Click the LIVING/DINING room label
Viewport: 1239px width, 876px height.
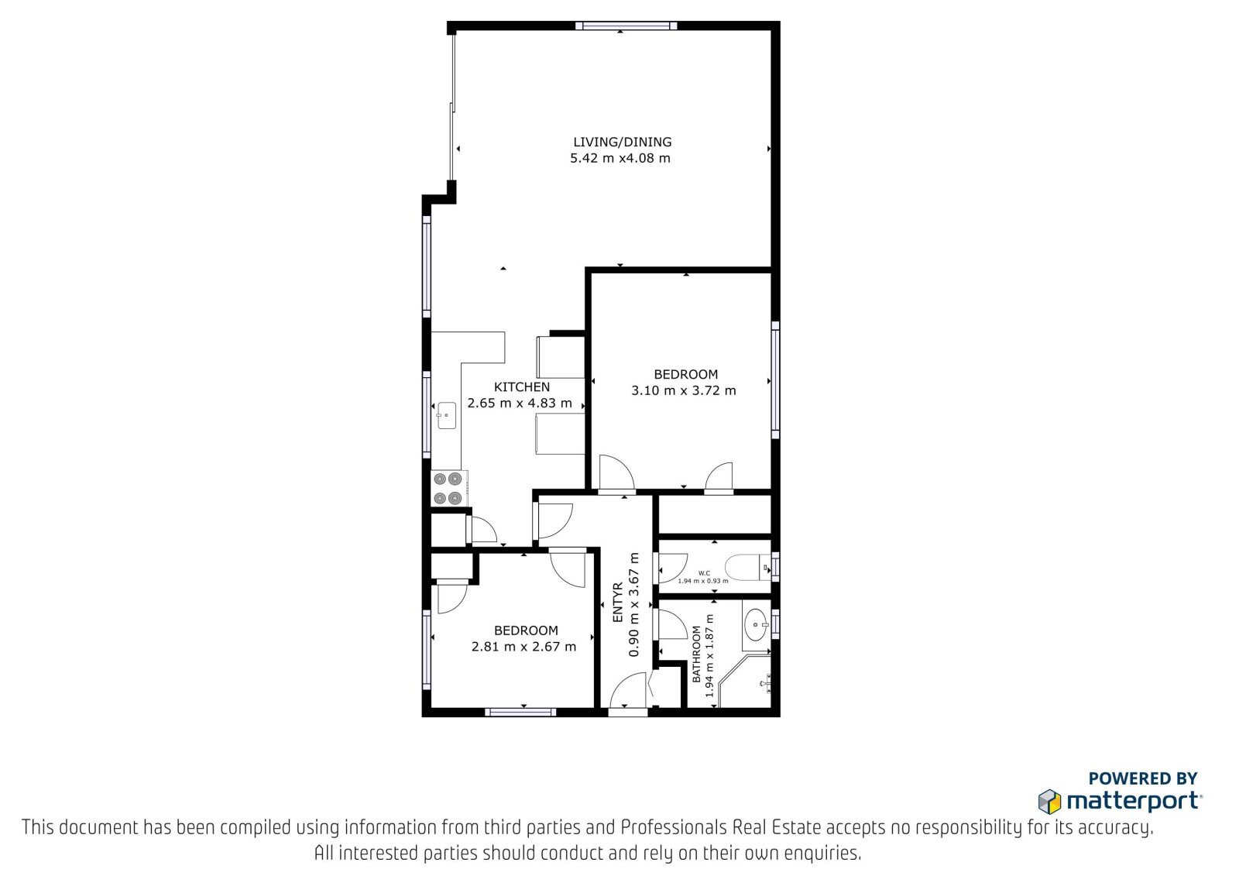coord(623,143)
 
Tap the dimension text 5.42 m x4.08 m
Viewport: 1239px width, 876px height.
coord(620,158)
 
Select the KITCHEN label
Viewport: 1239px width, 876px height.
coord(522,387)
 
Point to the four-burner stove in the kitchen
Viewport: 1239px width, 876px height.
coord(448,489)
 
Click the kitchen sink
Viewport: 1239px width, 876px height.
coord(446,416)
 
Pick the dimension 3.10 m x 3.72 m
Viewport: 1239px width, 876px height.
coord(684,390)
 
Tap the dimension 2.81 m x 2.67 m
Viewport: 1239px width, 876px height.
coord(523,646)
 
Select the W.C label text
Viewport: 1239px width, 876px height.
coord(704,573)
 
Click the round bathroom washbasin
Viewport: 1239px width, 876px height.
coord(756,624)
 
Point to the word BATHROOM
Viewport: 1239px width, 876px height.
coord(696,654)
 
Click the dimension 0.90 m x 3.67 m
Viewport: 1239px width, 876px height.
coord(634,604)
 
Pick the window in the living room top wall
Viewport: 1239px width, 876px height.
coord(626,26)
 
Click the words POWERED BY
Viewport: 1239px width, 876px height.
coord(1143,778)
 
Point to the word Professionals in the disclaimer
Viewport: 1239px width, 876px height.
coord(674,828)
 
